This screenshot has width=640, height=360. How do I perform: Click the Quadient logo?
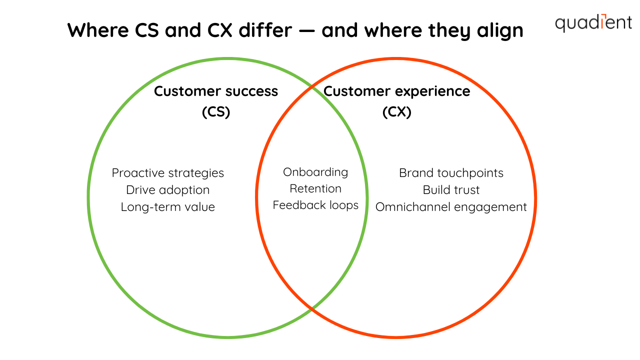(x=593, y=23)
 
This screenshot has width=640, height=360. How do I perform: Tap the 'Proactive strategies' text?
(x=167, y=173)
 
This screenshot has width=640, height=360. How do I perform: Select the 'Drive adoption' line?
(x=167, y=190)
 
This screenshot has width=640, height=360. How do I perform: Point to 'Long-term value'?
(x=167, y=207)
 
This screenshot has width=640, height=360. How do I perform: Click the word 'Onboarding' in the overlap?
(x=315, y=172)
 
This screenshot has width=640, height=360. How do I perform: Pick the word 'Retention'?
(x=315, y=188)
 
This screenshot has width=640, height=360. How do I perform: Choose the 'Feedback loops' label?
(x=315, y=205)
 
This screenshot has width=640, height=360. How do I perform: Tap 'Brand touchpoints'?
(x=451, y=173)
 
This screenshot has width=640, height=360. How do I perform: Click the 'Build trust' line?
(x=451, y=190)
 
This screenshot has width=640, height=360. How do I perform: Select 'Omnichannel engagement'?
(x=451, y=207)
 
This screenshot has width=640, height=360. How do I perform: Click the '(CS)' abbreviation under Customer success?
(x=216, y=111)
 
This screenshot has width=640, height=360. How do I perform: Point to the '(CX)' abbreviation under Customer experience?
(x=397, y=111)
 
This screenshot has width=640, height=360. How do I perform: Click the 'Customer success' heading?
(x=216, y=91)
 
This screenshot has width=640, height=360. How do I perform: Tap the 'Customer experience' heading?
(x=397, y=91)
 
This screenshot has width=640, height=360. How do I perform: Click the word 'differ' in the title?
(x=265, y=30)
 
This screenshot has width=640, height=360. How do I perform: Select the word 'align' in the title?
(x=500, y=31)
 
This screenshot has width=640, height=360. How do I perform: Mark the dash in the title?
(x=307, y=31)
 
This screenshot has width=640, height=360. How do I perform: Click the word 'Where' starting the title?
(x=98, y=30)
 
